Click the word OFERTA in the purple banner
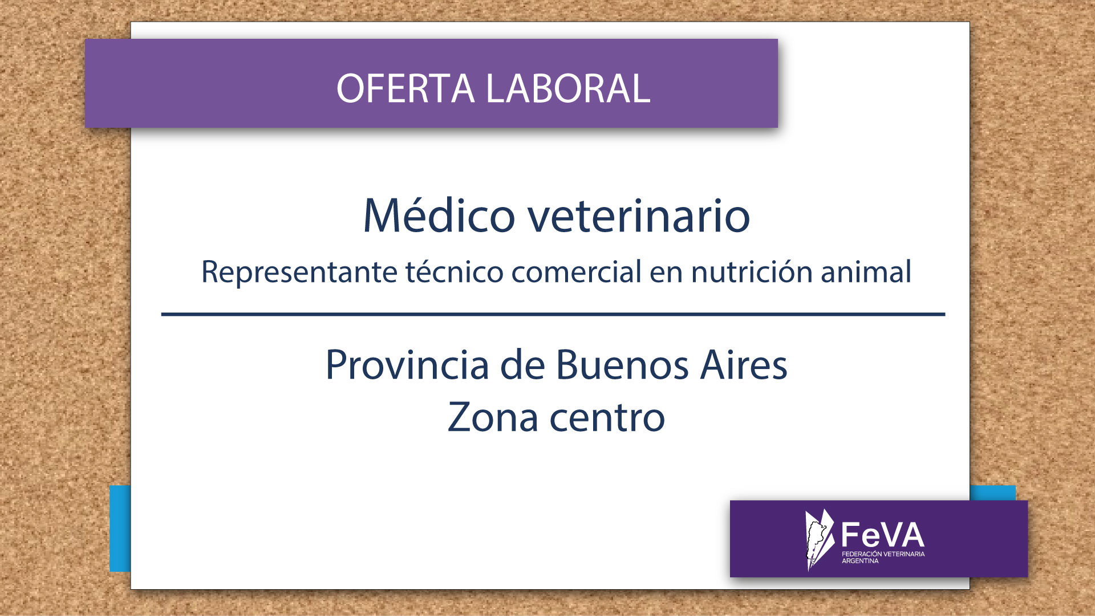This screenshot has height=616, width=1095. (x=405, y=88)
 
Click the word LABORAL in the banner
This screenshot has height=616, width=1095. (x=568, y=88)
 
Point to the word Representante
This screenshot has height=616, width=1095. (x=299, y=273)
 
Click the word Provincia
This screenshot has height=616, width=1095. (x=407, y=364)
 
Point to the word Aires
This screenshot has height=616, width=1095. (x=744, y=364)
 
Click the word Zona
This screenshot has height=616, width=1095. (x=493, y=417)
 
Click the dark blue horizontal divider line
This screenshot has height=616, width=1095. (x=553, y=314)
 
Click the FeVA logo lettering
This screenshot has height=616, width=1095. (x=883, y=536)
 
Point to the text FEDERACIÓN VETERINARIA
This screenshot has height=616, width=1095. (x=883, y=554)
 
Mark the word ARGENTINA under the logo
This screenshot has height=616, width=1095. (x=860, y=561)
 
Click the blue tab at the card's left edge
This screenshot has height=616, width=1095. (x=120, y=529)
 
